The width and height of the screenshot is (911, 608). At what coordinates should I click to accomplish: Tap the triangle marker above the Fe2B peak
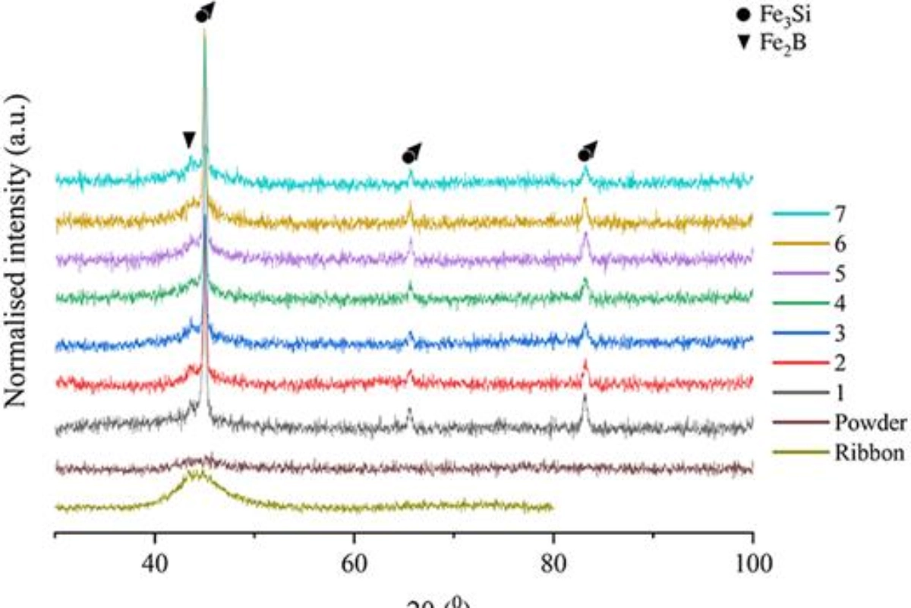click(x=189, y=139)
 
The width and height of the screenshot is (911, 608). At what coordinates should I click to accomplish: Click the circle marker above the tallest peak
click(x=202, y=14)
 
